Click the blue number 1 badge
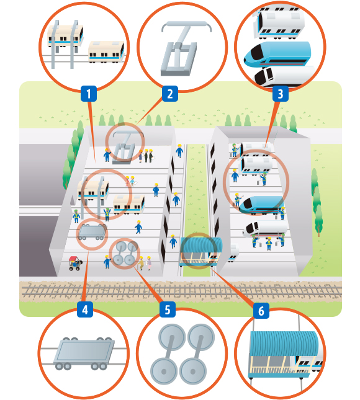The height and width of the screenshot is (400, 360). (89, 94)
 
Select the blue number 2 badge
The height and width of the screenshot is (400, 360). (170, 94)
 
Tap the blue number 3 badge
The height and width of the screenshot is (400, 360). (281, 94)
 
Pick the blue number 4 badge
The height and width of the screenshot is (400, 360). (85, 309)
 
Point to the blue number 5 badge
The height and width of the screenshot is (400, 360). (168, 309)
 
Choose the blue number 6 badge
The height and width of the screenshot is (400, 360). (261, 311)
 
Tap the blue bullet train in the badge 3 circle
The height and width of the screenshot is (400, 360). (277, 54)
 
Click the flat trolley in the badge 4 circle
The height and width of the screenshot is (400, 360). (84, 353)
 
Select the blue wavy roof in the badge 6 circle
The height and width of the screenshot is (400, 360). (284, 343)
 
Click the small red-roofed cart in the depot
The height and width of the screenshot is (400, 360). (75, 263)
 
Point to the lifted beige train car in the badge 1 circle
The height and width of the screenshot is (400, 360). (66, 36)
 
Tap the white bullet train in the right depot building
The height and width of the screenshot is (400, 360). (265, 229)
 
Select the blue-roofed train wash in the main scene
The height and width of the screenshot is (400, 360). (202, 251)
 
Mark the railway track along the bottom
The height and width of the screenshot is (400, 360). (181, 291)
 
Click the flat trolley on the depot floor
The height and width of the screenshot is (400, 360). (92, 232)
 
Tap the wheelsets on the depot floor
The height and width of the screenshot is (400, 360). (125, 253)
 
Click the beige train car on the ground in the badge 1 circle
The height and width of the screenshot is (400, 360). (106, 52)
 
